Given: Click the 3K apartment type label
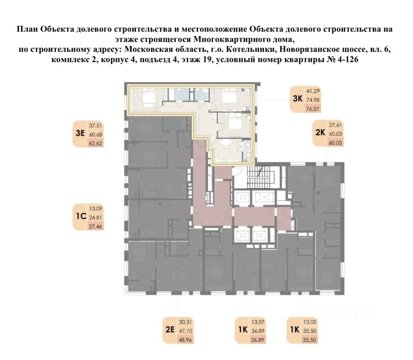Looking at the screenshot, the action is coord(297,99).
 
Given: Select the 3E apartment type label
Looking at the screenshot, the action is coord(80,133).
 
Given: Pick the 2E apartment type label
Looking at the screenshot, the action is coord(170,330).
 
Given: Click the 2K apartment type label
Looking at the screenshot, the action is coord(320,132).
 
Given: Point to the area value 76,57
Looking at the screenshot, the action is coord(313,109).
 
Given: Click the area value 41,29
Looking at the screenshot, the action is coord(313,91).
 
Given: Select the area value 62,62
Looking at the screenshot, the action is coord(95,144).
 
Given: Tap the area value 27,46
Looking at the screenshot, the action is coord(95,226).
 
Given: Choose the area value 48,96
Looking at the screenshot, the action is coord(186,340).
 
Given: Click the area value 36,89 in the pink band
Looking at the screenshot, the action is coord(257,340).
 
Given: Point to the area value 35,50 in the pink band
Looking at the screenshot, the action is coord(310,340).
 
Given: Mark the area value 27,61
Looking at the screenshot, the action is coord(336,125).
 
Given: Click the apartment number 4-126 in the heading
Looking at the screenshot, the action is coord(348,59).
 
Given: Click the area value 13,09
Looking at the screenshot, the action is coord(95,208).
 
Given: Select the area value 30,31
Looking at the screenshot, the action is coord(186,322).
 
